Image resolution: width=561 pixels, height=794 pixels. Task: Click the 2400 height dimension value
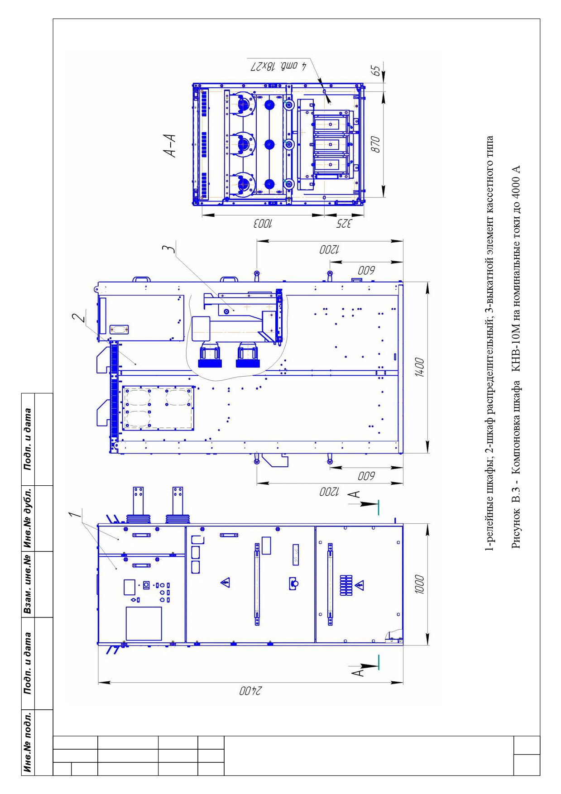point(250,691)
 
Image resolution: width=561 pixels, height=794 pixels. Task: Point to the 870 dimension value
point(375,144)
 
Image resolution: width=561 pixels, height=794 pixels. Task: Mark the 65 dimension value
point(375,72)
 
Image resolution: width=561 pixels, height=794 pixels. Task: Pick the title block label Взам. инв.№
point(29,584)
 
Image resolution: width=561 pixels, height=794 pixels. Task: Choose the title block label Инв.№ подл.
point(29,742)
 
